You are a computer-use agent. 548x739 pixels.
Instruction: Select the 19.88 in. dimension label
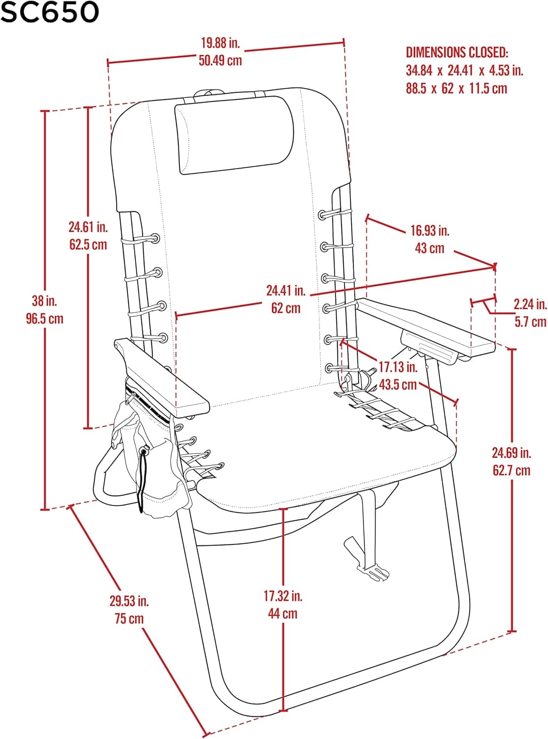pyautogui.click(x=220, y=43)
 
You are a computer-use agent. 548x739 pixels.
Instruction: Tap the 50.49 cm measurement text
pyautogui.click(x=220, y=61)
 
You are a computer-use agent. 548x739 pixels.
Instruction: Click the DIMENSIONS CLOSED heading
pyautogui.click(x=457, y=52)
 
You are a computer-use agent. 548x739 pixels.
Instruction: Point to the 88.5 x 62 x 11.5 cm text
pyautogui.click(x=456, y=89)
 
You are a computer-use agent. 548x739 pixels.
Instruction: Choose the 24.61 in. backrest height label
pyautogui.click(x=88, y=227)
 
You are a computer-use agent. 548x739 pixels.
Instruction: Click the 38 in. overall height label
pyautogui.click(x=45, y=301)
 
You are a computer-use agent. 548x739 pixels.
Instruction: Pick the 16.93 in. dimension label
pyautogui.click(x=430, y=230)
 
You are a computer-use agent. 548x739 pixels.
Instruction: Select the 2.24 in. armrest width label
pyautogui.click(x=530, y=304)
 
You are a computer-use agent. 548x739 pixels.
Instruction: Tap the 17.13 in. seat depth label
pyautogui.click(x=398, y=367)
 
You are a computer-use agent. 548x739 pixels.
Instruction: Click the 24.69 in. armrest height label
pyautogui.click(x=512, y=452)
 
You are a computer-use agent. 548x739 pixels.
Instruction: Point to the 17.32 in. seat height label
pyautogui.click(x=283, y=596)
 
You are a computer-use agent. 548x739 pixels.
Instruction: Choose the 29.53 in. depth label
pyautogui.click(x=129, y=601)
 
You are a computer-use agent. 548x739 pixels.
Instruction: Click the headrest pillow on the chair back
pyautogui.click(x=234, y=135)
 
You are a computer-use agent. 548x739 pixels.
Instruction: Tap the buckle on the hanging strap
pyautogui.click(x=378, y=573)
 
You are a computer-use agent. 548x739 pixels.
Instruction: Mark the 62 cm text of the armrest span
pyautogui.click(x=286, y=308)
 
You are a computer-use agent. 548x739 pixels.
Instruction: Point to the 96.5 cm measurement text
pyautogui.click(x=45, y=319)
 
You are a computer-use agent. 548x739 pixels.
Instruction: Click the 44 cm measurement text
pyautogui.click(x=283, y=614)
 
